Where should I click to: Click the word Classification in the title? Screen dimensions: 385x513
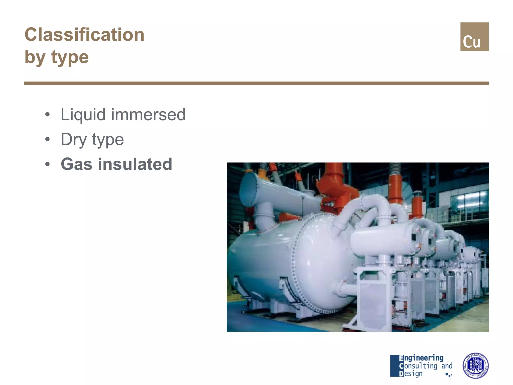[84, 35]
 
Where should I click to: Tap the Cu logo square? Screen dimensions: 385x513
[474, 37]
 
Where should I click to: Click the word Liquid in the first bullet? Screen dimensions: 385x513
[83, 115]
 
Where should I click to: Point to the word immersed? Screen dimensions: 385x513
[148, 115]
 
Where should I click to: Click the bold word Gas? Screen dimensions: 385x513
[76, 164]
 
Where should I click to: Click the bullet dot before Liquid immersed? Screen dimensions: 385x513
[47, 115]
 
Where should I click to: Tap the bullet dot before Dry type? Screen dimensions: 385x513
[47, 140]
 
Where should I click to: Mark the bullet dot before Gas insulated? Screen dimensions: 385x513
[47, 164]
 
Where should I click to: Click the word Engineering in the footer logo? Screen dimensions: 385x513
[421, 358]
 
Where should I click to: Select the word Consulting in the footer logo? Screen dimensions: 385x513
[418, 366]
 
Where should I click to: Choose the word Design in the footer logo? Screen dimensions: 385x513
[411, 373]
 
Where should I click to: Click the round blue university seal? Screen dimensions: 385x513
[475, 365]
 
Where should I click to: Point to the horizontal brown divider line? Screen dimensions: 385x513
[256, 83]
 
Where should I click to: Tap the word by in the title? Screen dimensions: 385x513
[35, 58]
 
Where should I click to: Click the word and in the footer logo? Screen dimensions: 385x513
[447, 366]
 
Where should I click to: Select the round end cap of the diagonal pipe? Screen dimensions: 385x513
[248, 189]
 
